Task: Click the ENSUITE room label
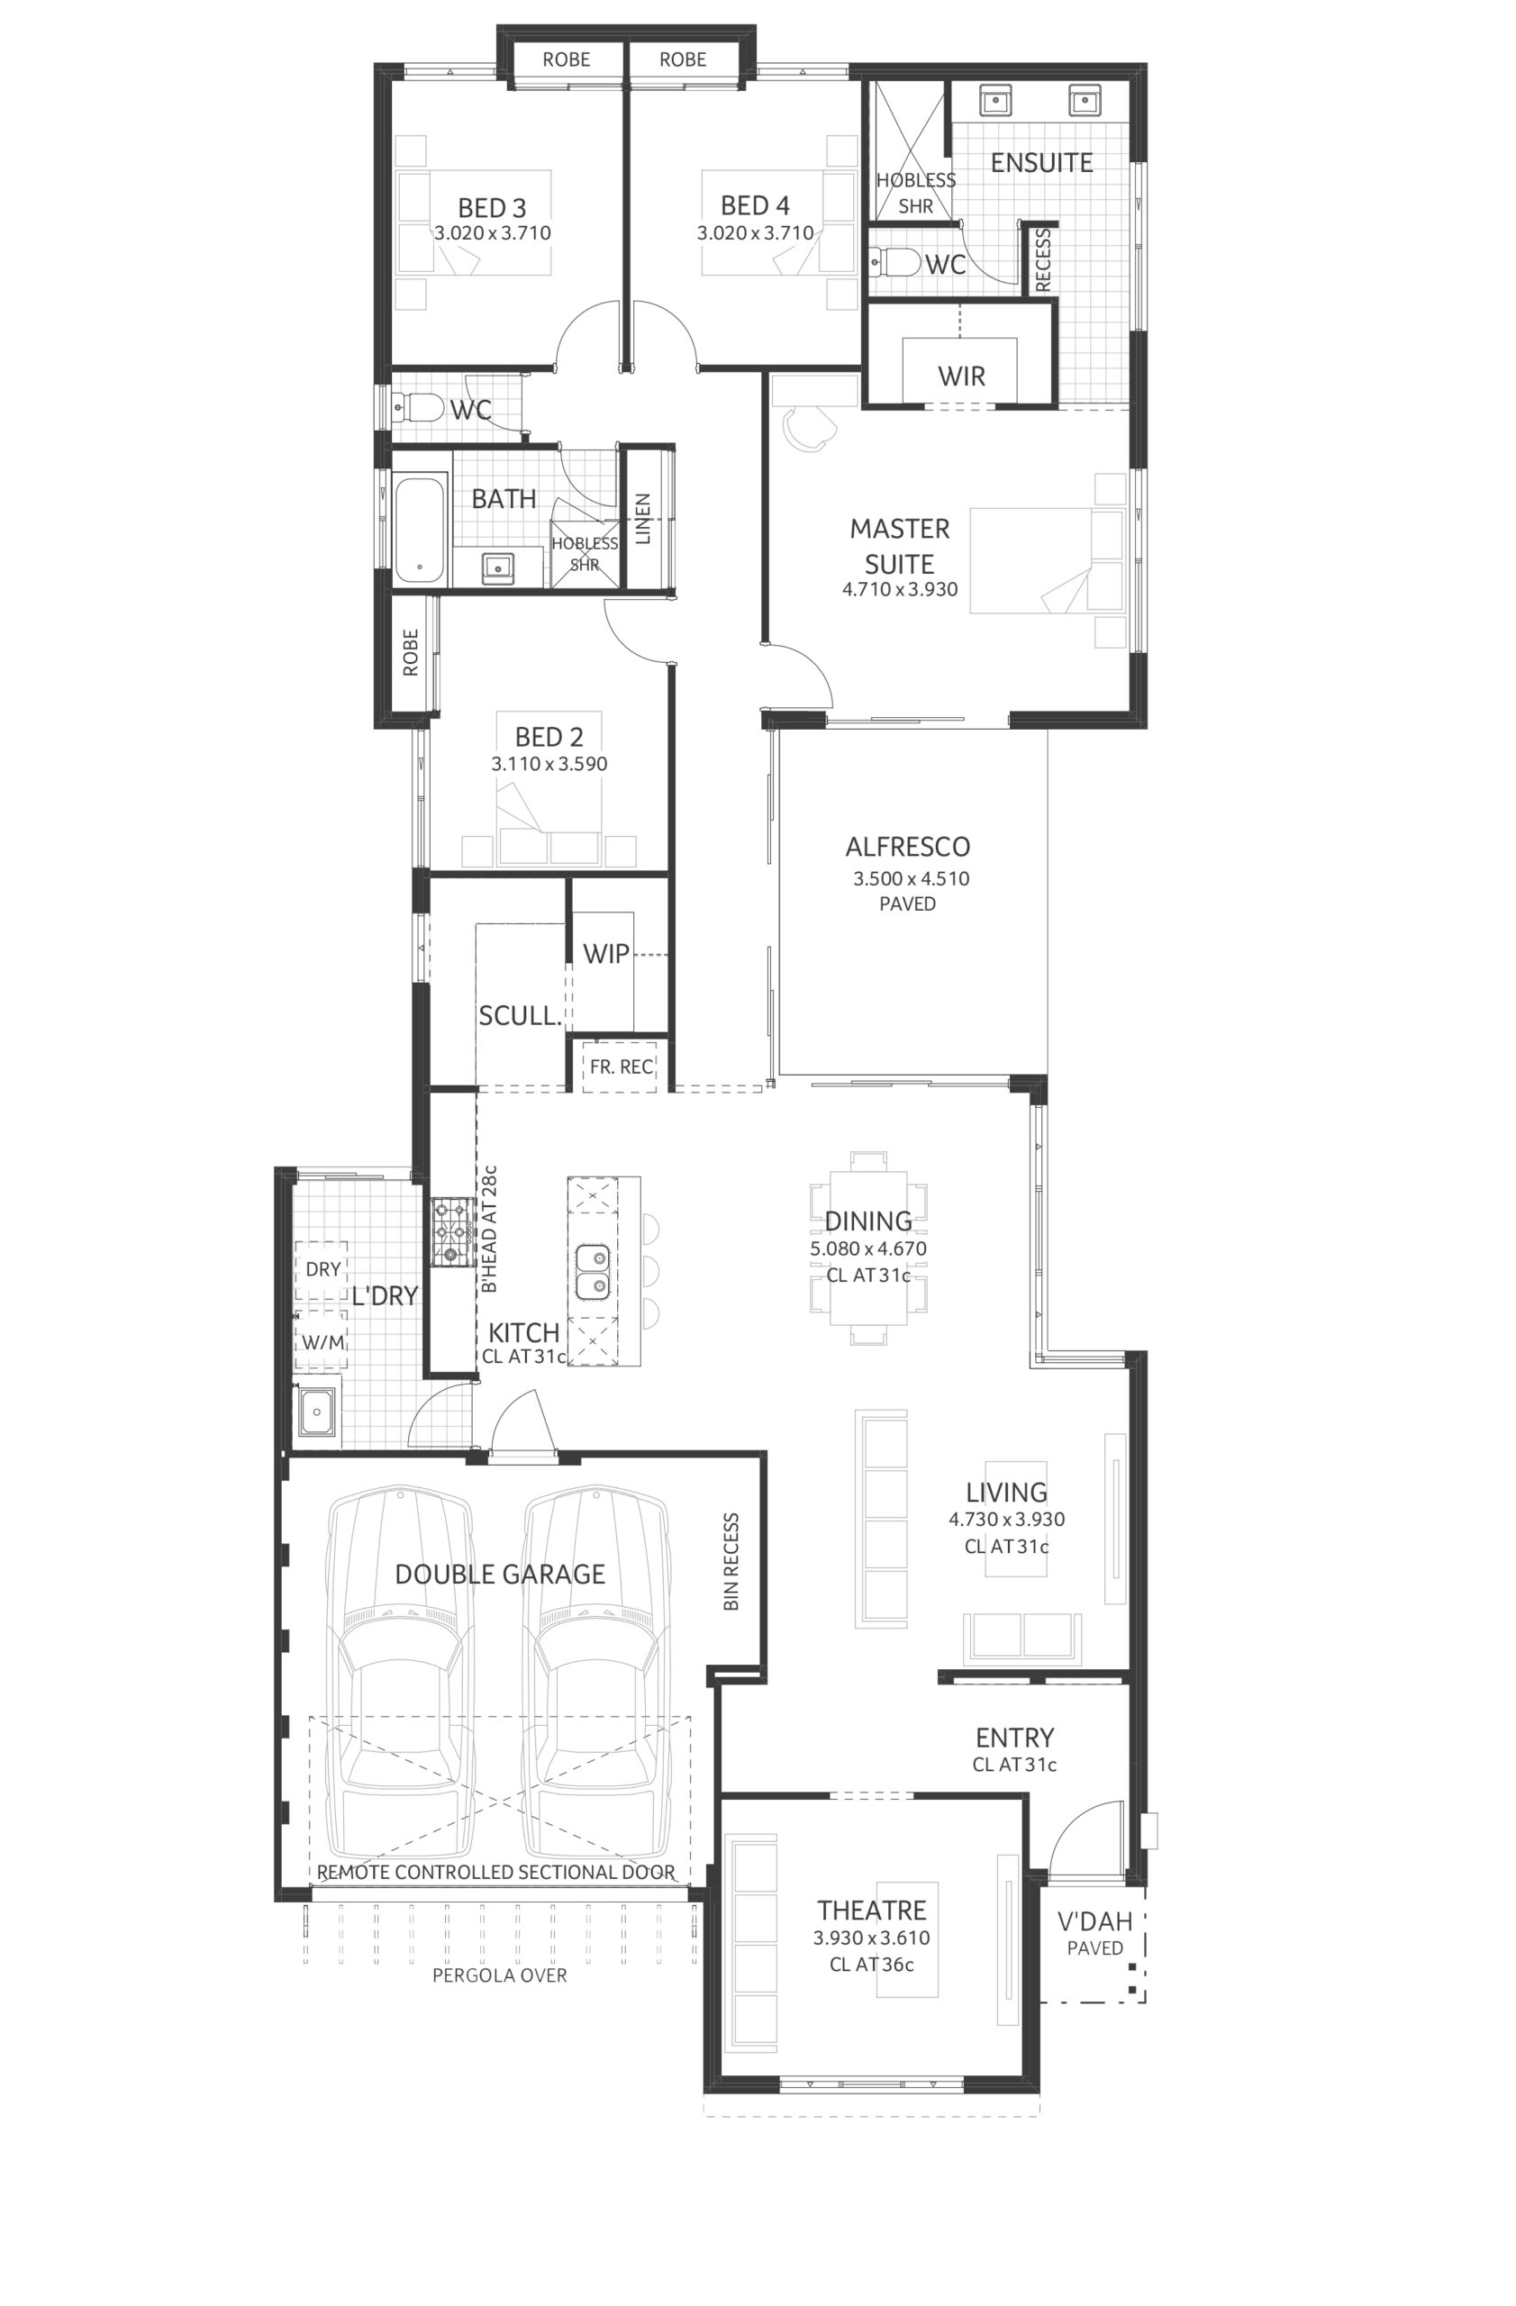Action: click(1040, 162)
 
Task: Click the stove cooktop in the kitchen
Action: click(449, 1231)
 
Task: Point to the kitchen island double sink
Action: click(592, 1272)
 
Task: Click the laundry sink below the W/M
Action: click(317, 1413)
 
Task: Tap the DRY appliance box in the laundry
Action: click(322, 1270)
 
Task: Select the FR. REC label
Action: click(621, 1067)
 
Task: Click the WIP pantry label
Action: click(605, 953)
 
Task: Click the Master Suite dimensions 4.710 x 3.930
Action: click(899, 589)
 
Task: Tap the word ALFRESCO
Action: click(907, 847)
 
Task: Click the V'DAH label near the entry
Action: click(1094, 1921)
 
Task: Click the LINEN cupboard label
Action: click(642, 520)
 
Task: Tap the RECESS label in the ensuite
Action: click(1042, 259)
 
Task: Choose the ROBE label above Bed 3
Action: click(566, 59)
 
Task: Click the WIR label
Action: click(961, 376)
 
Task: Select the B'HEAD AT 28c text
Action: click(489, 1229)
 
